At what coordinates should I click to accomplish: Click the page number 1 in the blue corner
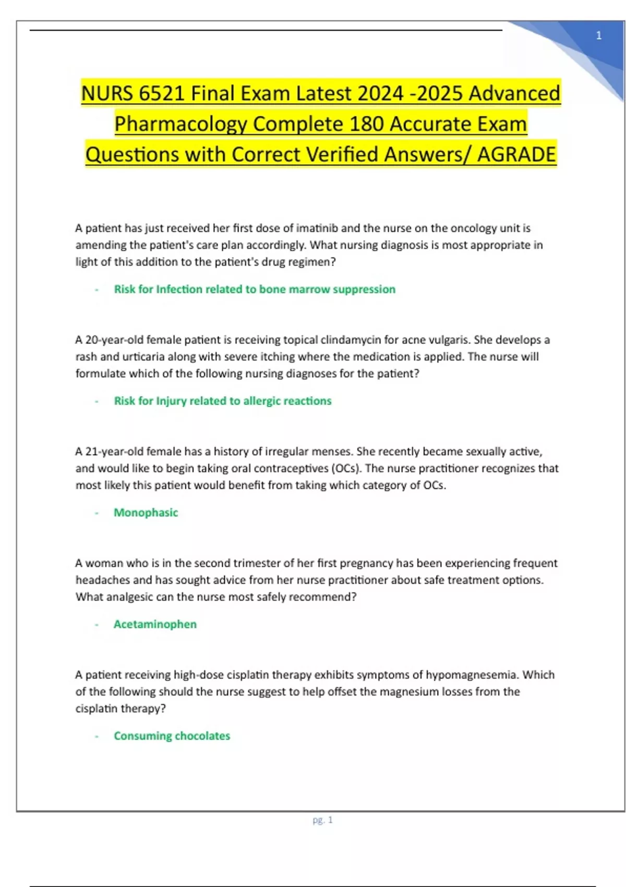click(x=599, y=35)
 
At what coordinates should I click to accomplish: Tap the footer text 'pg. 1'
click(x=322, y=820)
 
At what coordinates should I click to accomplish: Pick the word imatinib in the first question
click(x=317, y=228)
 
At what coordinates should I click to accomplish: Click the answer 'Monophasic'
click(x=146, y=512)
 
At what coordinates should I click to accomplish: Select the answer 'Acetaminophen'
click(x=155, y=624)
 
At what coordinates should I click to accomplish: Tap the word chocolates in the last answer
click(x=201, y=736)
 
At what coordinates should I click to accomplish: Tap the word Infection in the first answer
click(x=180, y=289)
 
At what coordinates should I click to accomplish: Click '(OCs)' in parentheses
click(x=346, y=468)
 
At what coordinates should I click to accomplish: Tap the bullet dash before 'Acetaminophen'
click(x=97, y=625)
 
